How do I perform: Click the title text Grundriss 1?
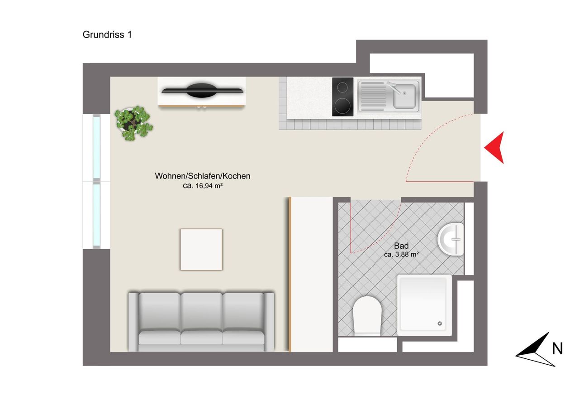click(x=107, y=35)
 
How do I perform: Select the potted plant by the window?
click(x=133, y=123)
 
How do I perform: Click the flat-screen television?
click(x=202, y=91)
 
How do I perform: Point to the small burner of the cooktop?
click(x=342, y=87)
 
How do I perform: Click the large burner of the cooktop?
click(x=342, y=106)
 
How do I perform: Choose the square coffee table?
click(x=201, y=250)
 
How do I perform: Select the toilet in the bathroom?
click(x=367, y=316)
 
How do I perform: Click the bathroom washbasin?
click(x=451, y=239)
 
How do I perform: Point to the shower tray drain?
click(x=440, y=323)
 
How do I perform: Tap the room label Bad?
click(x=401, y=246)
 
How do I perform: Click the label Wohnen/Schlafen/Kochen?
click(x=202, y=176)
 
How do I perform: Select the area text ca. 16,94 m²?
click(x=203, y=186)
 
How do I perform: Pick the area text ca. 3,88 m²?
click(x=401, y=255)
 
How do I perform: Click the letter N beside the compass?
click(x=557, y=348)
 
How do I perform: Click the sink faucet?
click(x=394, y=87)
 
